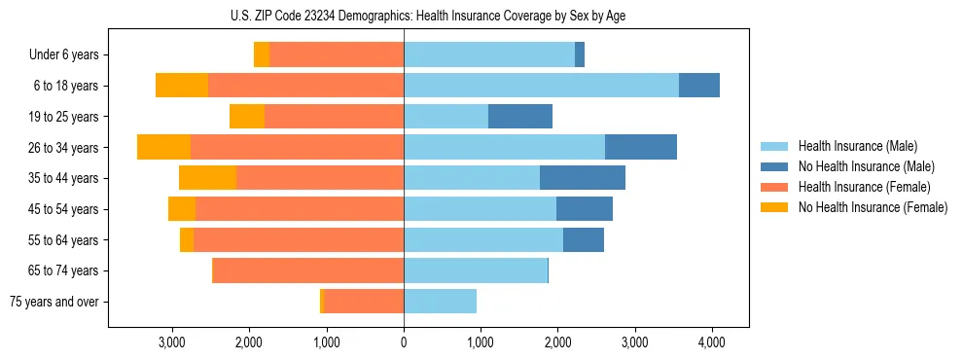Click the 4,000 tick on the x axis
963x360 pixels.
pos(711,342)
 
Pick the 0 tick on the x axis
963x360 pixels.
pos(404,342)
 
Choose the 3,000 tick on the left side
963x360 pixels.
pos(172,342)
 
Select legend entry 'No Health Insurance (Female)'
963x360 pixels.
pos(873,207)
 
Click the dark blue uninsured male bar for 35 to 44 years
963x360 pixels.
pos(583,178)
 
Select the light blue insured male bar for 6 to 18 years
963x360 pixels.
pos(541,86)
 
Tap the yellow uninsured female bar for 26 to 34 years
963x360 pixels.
pos(163,147)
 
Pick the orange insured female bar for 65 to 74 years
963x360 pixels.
pos(307,270)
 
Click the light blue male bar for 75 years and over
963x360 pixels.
pos(440,302)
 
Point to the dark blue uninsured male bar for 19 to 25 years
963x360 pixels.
pos(520,117)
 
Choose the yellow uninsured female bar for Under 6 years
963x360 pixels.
pos(262,55)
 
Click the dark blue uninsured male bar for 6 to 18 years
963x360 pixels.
pos(699,86)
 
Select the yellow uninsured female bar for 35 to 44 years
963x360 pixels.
pos(207,178)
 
